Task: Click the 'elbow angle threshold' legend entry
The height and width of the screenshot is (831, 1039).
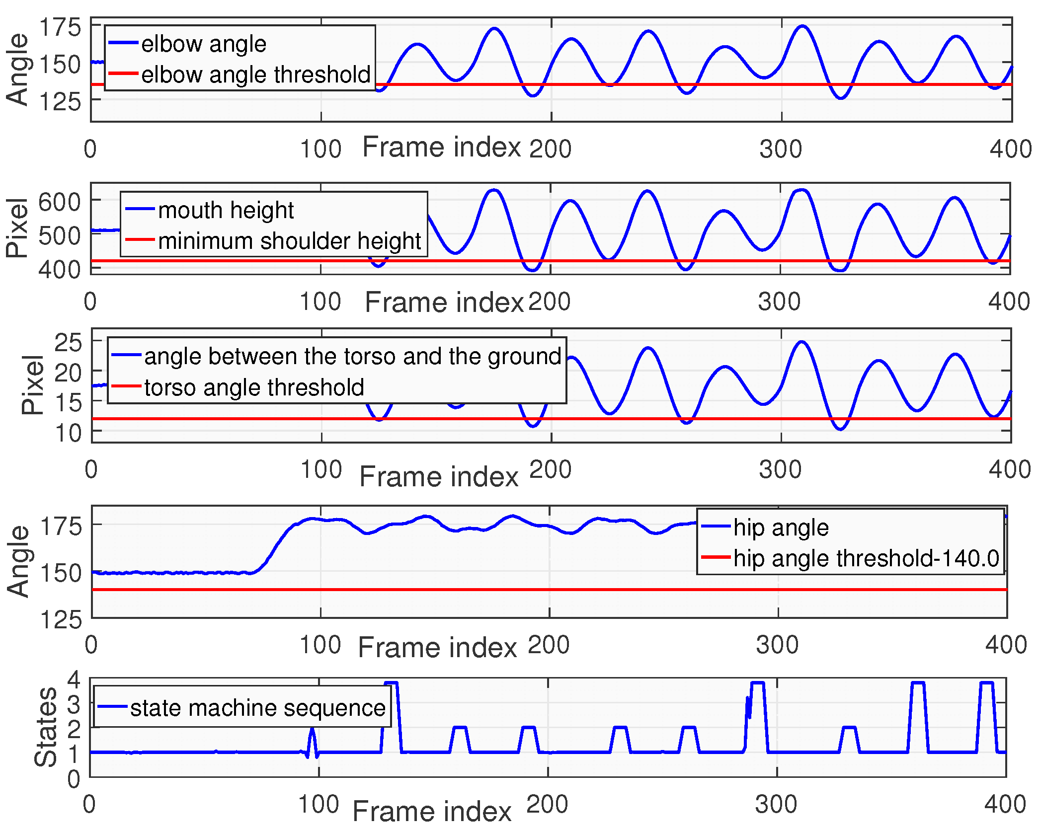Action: coord(255,75)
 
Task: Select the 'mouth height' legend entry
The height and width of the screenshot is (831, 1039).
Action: coord(226,210)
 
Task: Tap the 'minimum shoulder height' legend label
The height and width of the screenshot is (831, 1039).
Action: coord(289,241)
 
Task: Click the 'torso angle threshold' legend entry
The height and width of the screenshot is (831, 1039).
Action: coord(254,387)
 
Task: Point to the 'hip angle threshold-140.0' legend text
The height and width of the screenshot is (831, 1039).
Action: coord(866,558)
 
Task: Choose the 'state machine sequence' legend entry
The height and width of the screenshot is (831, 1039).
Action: coord(257,708)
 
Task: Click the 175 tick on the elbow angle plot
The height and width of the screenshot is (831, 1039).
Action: coord(60,27)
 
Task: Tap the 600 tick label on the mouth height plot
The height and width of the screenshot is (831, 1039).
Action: coord(59,202)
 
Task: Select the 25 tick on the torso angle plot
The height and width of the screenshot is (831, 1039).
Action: coord(68,343)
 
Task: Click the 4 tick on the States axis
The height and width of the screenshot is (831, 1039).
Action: coord(74,679)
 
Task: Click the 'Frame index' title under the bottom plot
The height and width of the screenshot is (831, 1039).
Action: coord(431,811)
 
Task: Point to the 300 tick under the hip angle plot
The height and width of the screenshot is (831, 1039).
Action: coord(777,645)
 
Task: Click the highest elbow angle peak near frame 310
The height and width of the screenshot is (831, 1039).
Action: coord(802,26)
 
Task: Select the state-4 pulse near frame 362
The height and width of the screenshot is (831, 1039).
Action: coord(918,683)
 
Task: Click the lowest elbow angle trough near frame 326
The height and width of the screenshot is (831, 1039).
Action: coord(841,98)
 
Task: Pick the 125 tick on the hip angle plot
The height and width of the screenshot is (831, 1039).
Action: coord(61,620)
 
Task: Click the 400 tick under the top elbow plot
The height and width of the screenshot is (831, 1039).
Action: coord(1010,149)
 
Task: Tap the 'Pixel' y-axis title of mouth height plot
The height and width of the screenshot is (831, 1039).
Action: coord(17,228)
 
